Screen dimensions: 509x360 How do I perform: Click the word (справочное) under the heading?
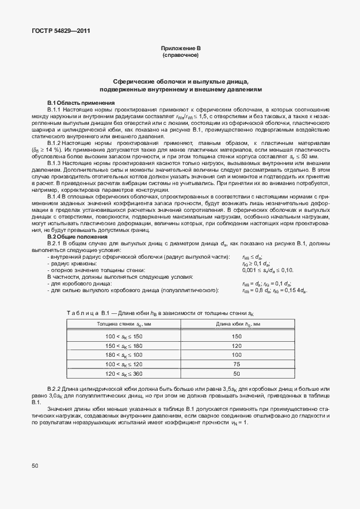tap(180, 56)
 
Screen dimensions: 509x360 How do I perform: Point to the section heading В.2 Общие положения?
tap(78, 237)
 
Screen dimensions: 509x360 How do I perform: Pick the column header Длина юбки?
tap(237, 324)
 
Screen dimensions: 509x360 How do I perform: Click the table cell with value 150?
tap(237, 336)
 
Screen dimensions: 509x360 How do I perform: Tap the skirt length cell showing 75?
tap(237, 364)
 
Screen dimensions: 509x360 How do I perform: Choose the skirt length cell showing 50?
tap(237, 374)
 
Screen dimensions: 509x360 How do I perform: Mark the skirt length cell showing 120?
tap(237, 346)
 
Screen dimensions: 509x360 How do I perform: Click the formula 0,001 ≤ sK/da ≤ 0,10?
tap(267, 270)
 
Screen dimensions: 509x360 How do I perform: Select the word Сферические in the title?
tap(133, 81)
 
